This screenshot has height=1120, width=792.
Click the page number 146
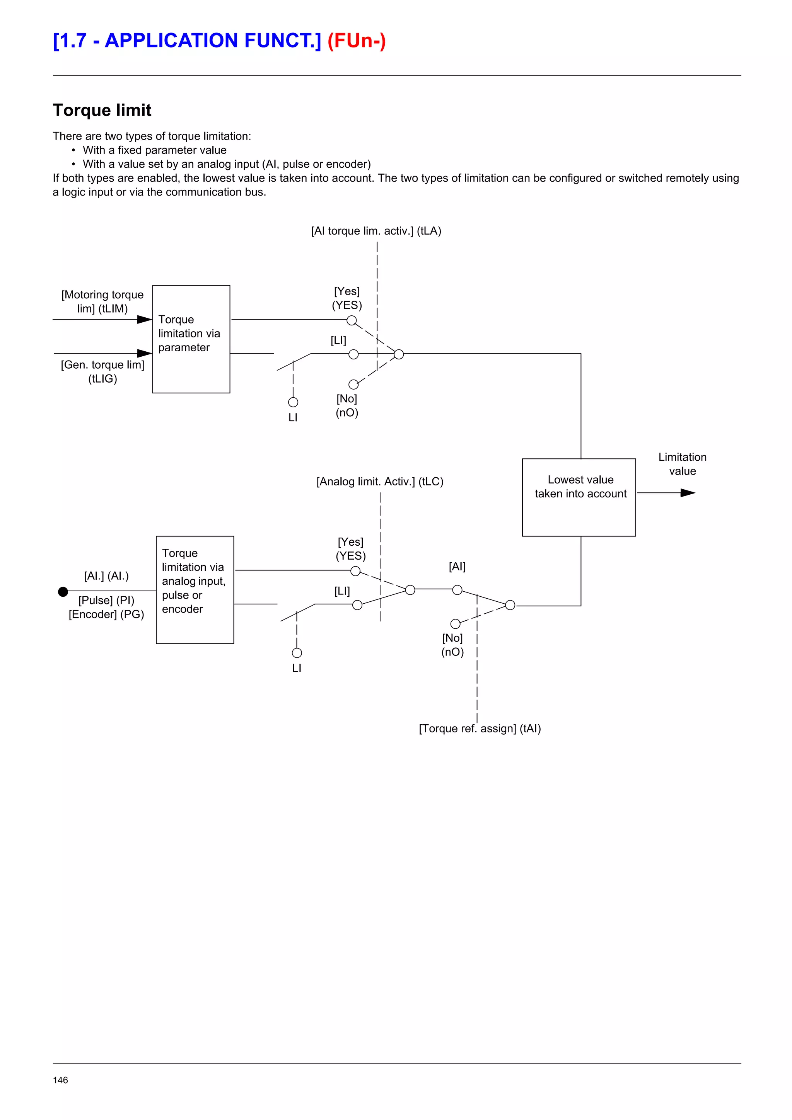pos(60,1080)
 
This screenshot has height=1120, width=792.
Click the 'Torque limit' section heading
pos(102,110)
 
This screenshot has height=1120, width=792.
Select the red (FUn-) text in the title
pos(356,41)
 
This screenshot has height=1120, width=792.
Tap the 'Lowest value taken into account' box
pos(579,497)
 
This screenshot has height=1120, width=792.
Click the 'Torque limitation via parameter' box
pos(191,339)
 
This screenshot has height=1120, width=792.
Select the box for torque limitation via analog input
pos(195,589)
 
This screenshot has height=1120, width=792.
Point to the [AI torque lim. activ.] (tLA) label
pos(376,231)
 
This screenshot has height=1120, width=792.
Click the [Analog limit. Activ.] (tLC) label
pos(380,482)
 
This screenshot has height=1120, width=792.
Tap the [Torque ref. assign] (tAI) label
pos(480,728)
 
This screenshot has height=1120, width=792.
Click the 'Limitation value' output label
pos(682,464)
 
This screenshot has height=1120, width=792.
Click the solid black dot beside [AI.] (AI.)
pos(63,592)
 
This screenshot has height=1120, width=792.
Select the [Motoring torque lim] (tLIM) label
pos(102,301)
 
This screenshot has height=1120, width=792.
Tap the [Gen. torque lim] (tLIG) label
pos(102,372)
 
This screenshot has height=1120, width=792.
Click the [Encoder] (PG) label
pos(106,614)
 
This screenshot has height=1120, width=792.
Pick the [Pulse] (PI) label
pos(106,600)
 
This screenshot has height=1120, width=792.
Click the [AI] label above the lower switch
pos(457,566)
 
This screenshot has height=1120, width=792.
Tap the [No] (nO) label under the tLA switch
pos(346,405)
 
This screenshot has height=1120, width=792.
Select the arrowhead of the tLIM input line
pos(145,320)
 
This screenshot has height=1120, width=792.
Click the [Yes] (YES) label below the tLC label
pos(350,549)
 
